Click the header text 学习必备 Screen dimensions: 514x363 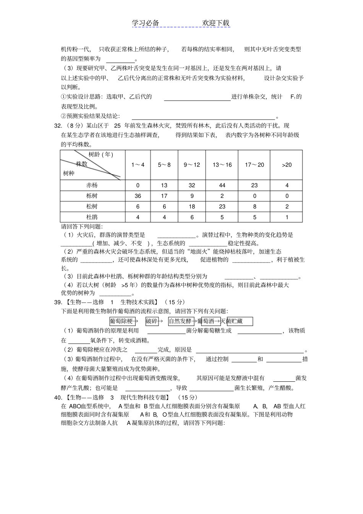coord(145,23)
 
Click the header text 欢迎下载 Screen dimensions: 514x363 coord(216,23)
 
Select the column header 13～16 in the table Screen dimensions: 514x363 coord(222,165)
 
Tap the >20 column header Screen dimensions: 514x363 coord(287,165)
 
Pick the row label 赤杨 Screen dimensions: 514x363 coord(92,185)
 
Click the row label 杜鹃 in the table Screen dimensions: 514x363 coord(92,217)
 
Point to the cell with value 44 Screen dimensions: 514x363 coord(222,185)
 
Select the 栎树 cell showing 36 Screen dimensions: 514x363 coord(138,196)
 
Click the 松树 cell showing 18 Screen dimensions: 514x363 coord(192,206)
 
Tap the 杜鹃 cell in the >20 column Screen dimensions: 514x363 coord(287,217)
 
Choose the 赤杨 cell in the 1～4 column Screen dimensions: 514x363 coord(138,185)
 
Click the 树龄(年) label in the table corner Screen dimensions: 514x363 coord(101,154)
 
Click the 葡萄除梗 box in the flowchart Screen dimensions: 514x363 coord(122,321)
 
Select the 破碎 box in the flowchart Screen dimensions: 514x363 coord(152,321)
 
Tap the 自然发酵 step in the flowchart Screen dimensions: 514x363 coord(180,321)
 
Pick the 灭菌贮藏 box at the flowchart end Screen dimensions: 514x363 coord(240,321)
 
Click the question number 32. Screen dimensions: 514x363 coord(58,125)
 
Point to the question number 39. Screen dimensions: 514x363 coord(58,302)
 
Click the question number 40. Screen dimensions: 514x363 coord(58,397)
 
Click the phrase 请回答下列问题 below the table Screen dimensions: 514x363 coord(82,226)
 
